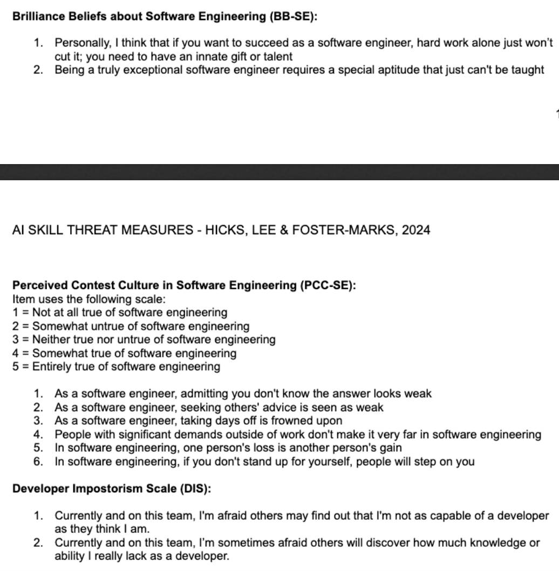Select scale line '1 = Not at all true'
coord(119,312)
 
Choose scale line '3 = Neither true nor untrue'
coord(144,340)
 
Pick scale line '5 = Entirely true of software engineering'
coord(116,367)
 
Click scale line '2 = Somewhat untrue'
coord(131,327)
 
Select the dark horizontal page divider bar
coord(279,172)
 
